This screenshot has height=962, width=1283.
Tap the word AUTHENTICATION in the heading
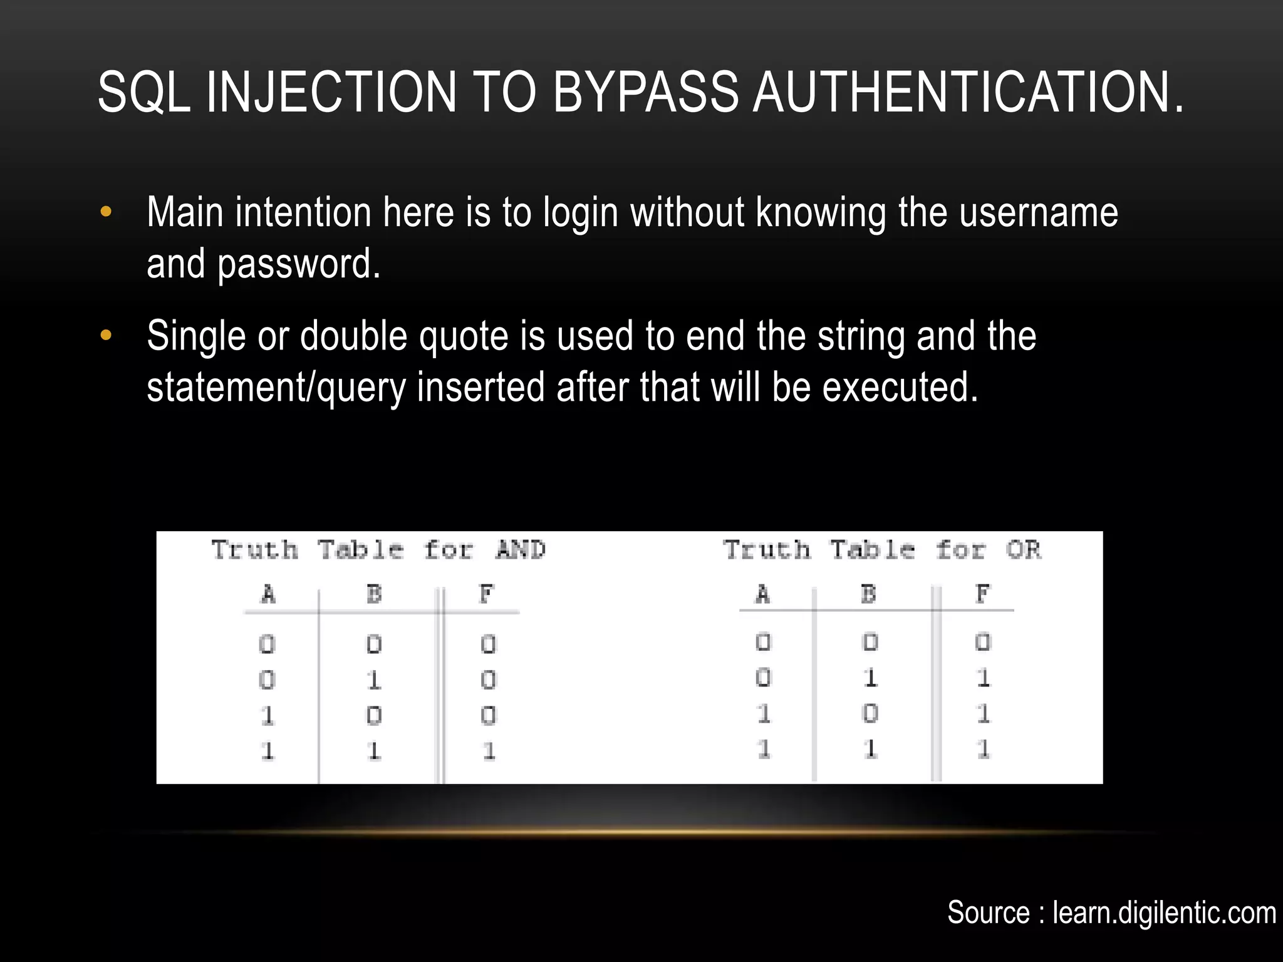click(x=968, y=93)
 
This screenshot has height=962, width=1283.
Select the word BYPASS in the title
click(x=645, y=93)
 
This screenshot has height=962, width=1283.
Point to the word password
click(x=299, y=264)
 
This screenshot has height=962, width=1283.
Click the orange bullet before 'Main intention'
click(x=106, y=212)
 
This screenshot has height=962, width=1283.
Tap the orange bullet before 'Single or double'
click(x=106, y=336)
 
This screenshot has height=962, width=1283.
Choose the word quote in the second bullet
click(x=464, y=336)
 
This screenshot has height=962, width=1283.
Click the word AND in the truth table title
click(x=521, y=550)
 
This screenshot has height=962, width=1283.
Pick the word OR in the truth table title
click(x=1023, y=550)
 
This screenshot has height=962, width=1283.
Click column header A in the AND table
click(x=268, y=593)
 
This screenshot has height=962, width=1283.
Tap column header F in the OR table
click(x=982, y=593)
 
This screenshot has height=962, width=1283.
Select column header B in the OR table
click(x=868, y=593)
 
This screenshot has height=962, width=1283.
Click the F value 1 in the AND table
click(x=489, y=750)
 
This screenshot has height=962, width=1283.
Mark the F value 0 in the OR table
click(x=982, y=643)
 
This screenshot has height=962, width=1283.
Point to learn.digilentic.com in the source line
click(x=1164, y=913)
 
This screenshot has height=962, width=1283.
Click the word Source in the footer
click(x=988, y=913)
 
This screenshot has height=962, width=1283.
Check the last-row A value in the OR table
click(x=763, y=749)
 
